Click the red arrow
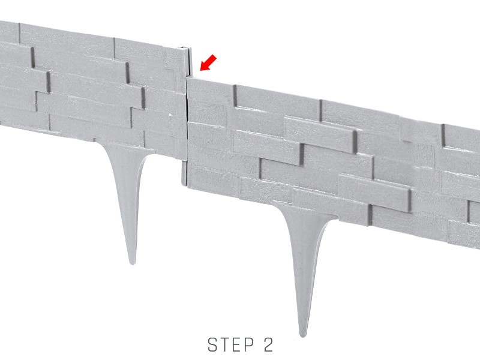click(208, 63)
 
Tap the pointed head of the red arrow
click(200, 70)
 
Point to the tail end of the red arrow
click(215, 57)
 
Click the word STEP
click(230, 344)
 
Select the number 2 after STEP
click(268, 344)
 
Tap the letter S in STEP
click(212, 344)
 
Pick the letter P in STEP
click(249, 344)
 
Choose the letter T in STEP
click(224, 344)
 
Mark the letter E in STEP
click(237, 344)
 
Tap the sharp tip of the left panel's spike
click(132, 264)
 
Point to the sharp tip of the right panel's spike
click(303, 337)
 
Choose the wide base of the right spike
click(305, 211)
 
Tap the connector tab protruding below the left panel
click(184, 173)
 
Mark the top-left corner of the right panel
click(187, 77)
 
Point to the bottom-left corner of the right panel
click(187, 187)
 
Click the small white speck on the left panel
click(170, 115)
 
